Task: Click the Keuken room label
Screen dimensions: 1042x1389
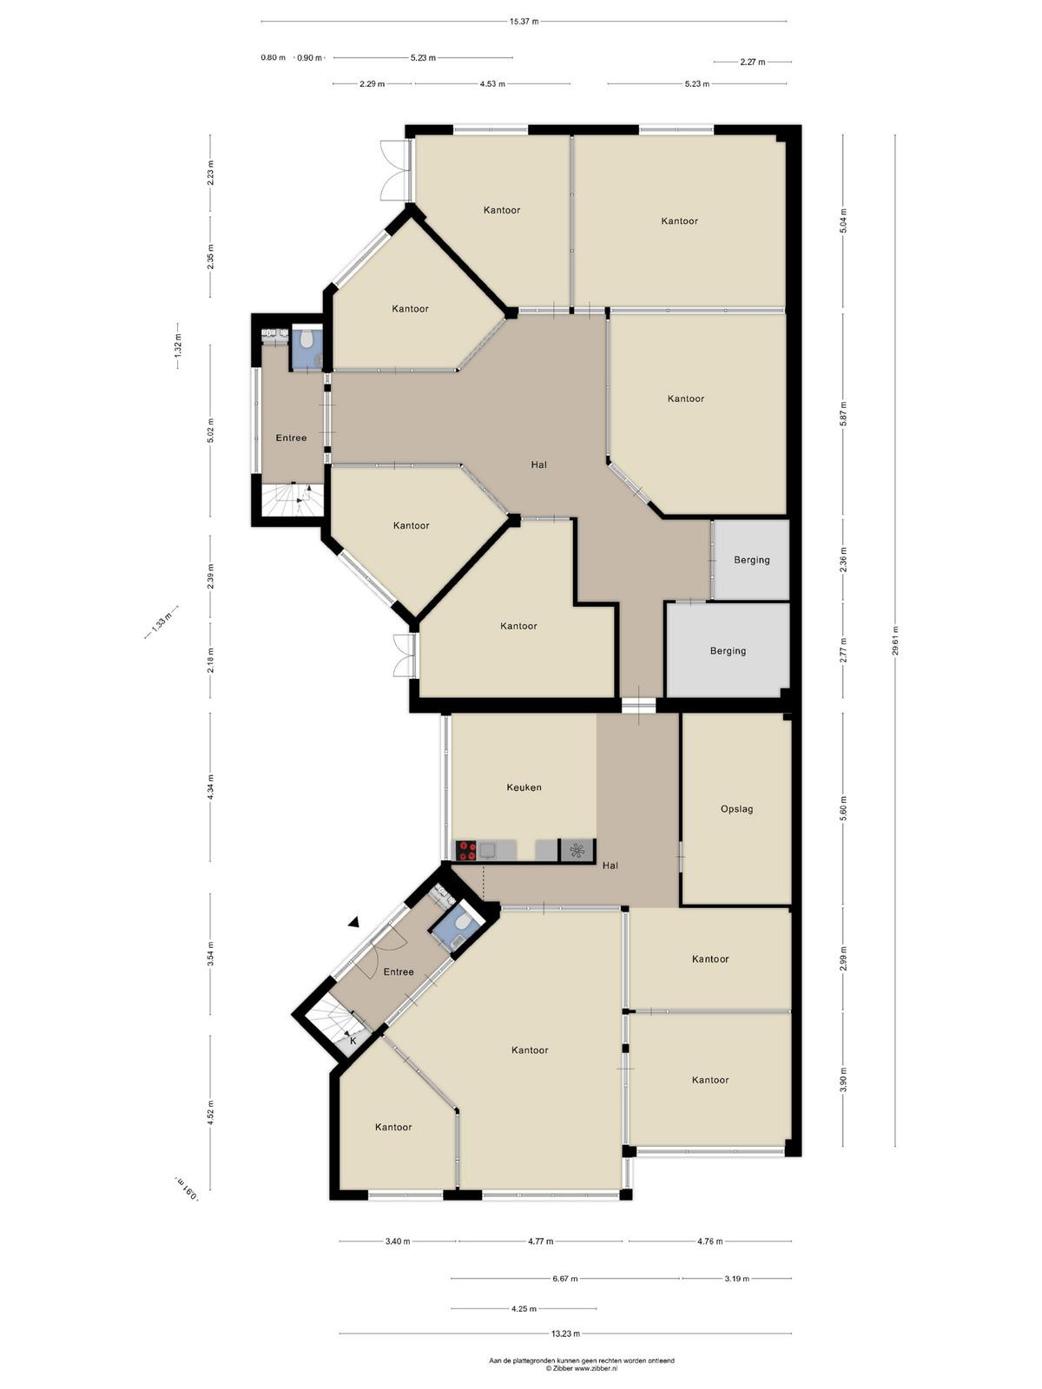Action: tap(524, 787)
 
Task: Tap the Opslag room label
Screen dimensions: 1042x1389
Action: tap(737, 809)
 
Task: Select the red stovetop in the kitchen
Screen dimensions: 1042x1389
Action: tap(467, 850)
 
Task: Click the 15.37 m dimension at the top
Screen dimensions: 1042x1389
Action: tap(524, 22)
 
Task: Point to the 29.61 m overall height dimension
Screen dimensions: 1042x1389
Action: tap(895, 641)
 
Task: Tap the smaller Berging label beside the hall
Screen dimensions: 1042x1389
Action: tap(752, 559)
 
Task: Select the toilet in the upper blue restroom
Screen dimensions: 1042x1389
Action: tap(307, 339)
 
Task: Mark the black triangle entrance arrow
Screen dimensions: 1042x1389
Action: tap(353, 923)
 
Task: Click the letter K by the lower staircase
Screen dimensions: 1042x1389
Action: tap(353, 1040)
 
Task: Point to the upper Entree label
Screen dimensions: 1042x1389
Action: tap(291, 438)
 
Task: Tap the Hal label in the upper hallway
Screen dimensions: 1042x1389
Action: tap(538, 464)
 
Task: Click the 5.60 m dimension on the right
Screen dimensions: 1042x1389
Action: tap(842, 808)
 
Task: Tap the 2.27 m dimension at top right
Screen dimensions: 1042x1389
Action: tap(752, 62)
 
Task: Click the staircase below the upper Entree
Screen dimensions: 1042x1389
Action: tap(293, 501)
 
